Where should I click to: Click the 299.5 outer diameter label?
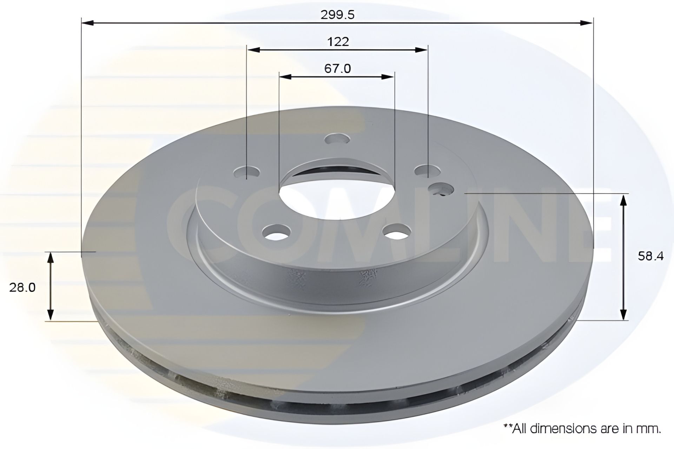337,15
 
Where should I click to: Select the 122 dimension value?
338,42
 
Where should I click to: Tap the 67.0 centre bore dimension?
337,68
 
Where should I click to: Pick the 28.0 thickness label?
23,288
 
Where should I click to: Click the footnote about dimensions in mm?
582,429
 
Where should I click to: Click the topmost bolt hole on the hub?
338,139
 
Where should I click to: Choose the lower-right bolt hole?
397,232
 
